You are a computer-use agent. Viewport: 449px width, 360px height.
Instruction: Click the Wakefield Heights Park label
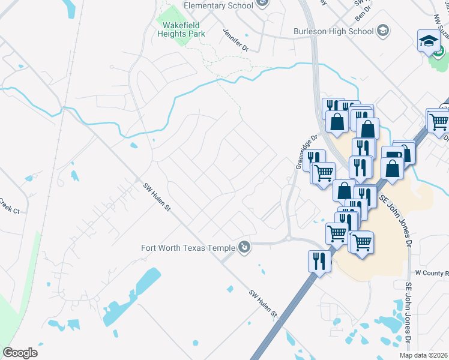(181, 29)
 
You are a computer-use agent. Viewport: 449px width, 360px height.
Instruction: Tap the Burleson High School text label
(333, 31)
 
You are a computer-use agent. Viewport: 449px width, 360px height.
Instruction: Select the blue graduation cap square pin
(430, 41)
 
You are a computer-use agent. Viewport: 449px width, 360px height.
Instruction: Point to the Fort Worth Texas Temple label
(188, 247)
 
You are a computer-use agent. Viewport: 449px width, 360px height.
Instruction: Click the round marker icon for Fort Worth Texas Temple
(244, 247)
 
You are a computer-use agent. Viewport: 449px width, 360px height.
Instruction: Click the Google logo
(20, 352)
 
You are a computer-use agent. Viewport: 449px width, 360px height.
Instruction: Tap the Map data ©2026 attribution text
(423, 355)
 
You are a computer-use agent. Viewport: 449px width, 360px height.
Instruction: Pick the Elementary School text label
(218, 6)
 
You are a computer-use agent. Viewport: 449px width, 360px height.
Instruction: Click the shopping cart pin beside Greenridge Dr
(324, 172)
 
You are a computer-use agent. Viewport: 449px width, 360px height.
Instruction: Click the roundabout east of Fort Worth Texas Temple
(289, 238)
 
